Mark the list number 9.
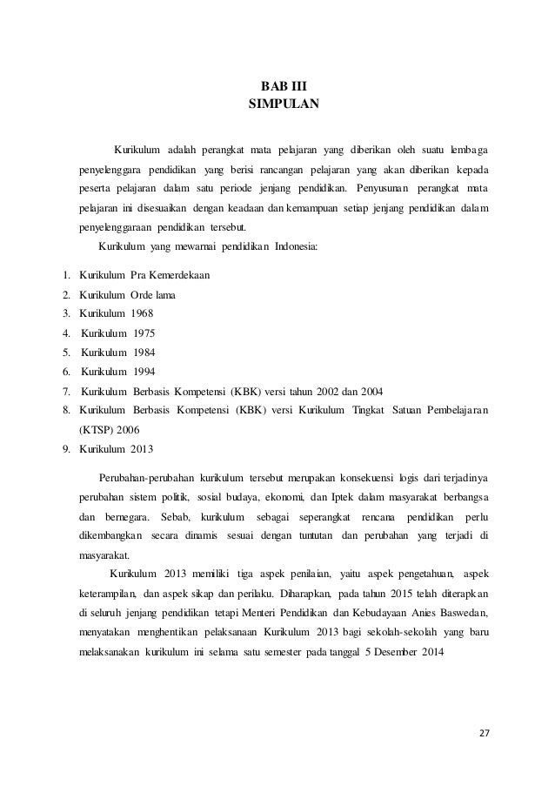point(67,449)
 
